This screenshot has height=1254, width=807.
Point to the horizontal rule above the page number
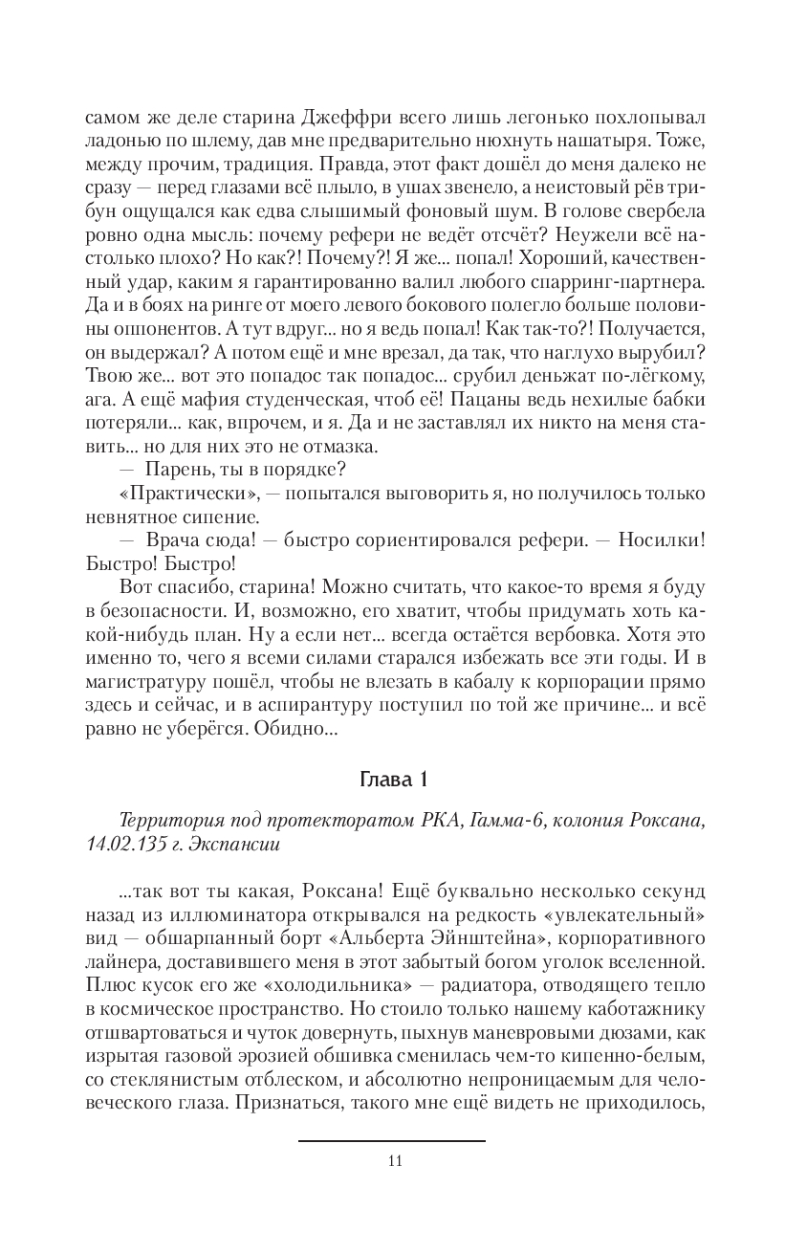392,1140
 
